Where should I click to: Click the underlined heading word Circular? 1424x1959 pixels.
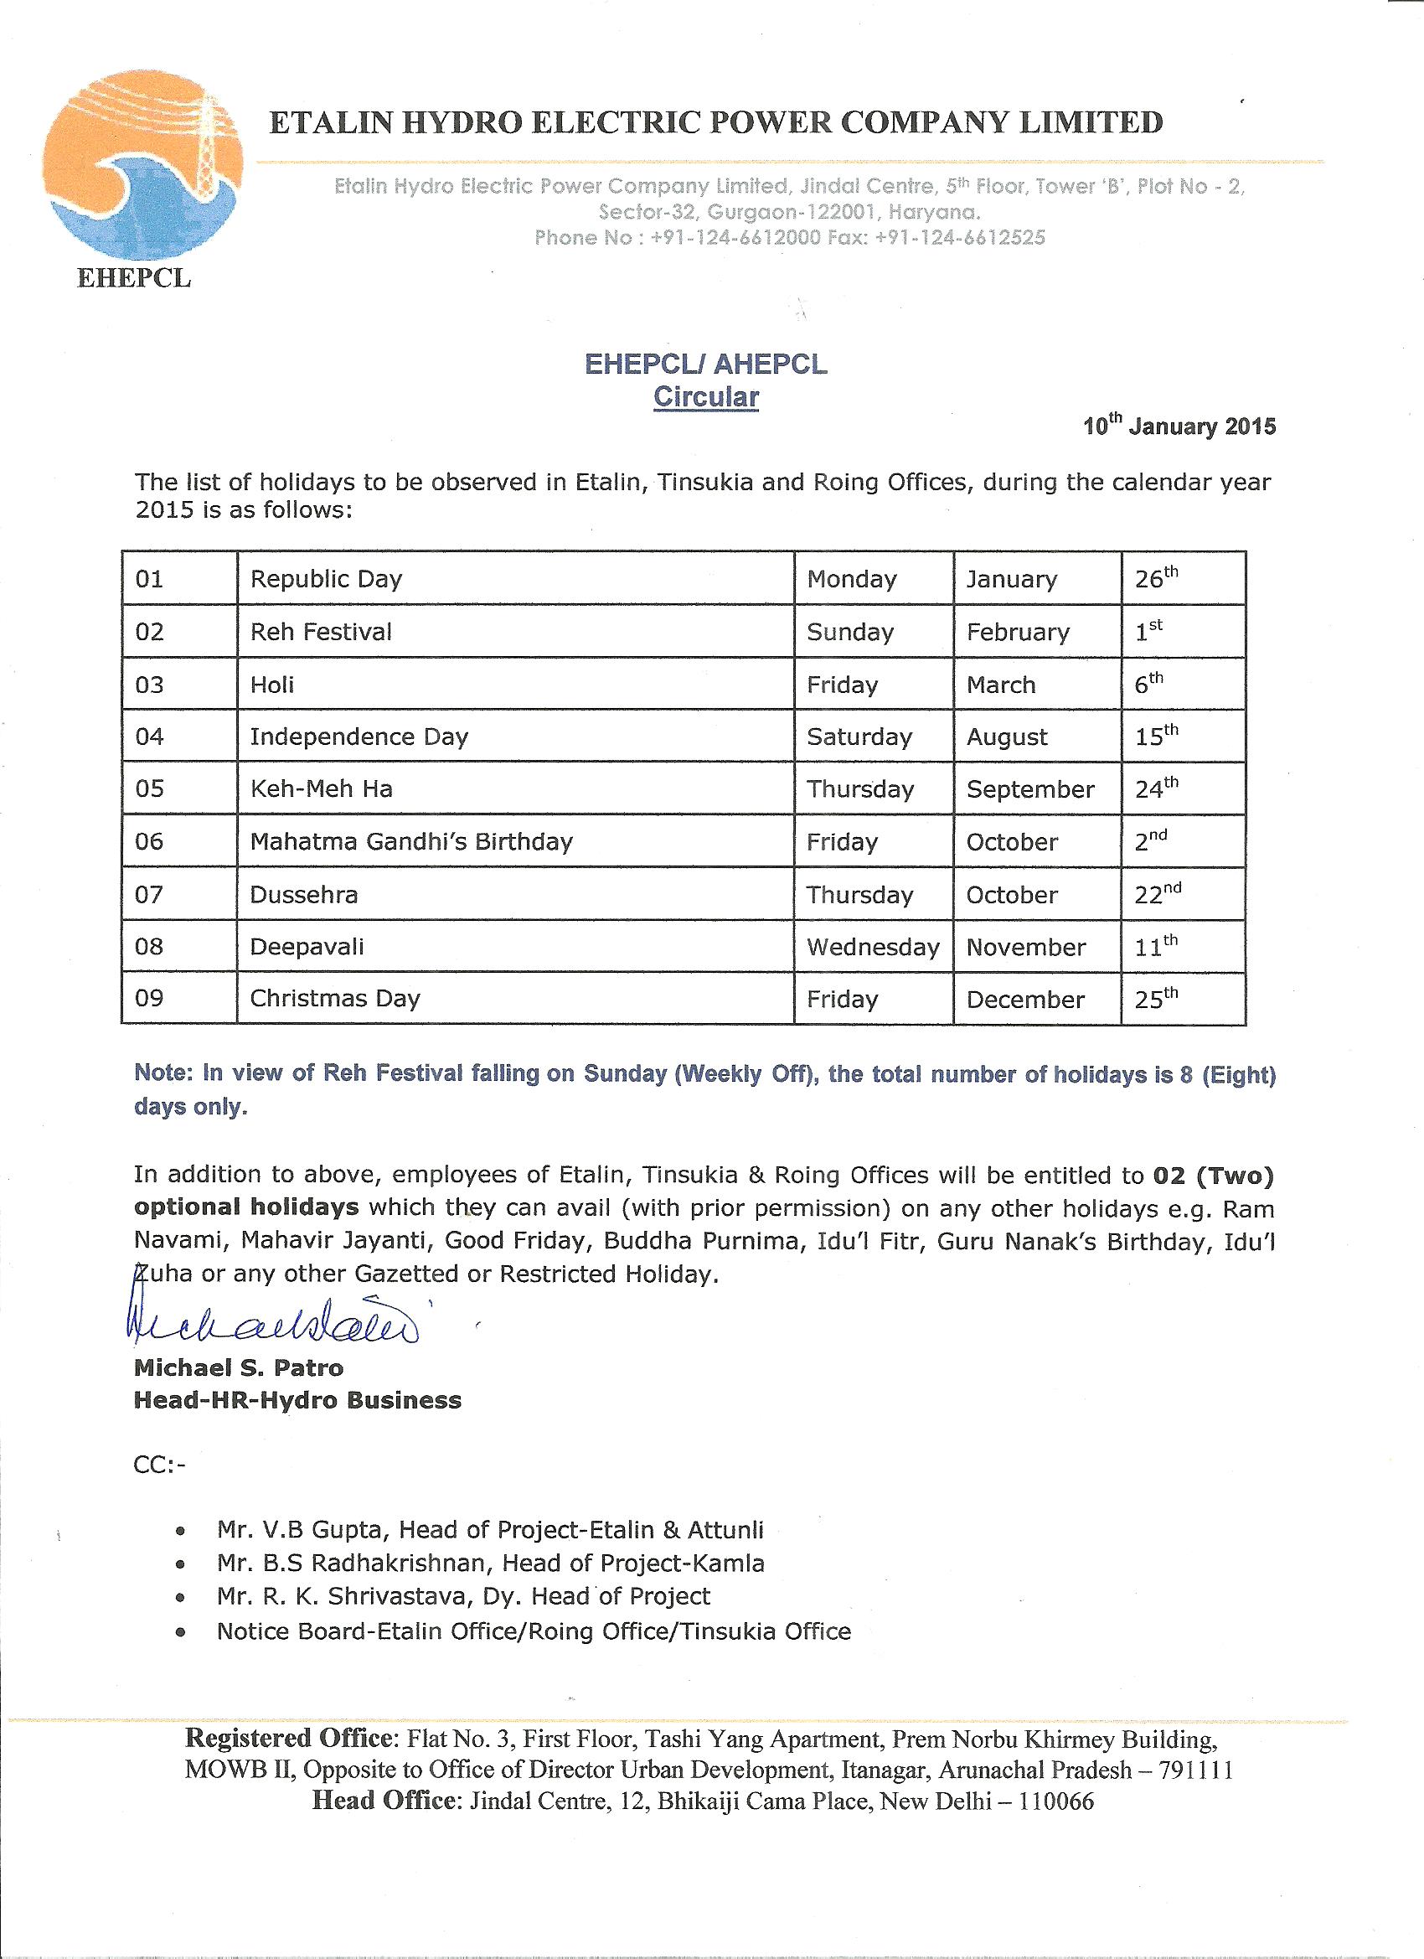tap(705, 397)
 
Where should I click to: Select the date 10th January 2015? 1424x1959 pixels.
tap(1179, 426)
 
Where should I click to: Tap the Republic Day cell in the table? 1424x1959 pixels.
tap(327, 579)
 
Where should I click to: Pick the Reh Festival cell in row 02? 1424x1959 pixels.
tap(322, 633)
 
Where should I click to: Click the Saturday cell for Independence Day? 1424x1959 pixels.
tap(859, 737)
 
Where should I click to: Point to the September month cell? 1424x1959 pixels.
tap(1030, 789)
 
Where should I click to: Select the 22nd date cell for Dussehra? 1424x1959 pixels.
tap(1158, 894)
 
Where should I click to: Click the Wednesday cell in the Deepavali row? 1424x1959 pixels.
tap(872, 947)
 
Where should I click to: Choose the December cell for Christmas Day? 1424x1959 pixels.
tap(1025, 1000)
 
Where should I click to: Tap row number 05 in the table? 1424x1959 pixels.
tap(149, 789)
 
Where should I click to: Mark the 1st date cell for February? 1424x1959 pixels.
tap(1148, 632)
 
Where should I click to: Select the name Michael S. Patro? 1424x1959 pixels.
tap(239, 1368)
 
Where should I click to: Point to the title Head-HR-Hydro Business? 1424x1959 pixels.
tap(297, 1400)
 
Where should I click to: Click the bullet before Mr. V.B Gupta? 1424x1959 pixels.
tap(178, 1532)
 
